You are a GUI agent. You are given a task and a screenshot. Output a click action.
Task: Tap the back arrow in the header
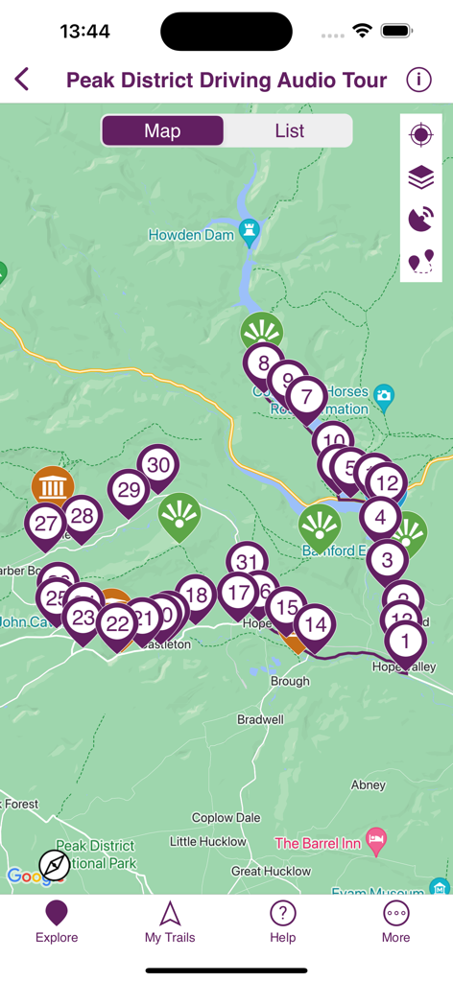(22, 80)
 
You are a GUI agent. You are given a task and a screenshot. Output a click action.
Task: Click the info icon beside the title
(418, 80)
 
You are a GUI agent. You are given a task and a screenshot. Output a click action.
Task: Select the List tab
(289, 131)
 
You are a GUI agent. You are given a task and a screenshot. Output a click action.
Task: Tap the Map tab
(162, 131)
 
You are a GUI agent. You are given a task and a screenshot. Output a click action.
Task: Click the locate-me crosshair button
(421, 135)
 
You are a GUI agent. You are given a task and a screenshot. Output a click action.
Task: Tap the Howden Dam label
(192, 235)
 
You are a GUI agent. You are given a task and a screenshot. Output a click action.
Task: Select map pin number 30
(158, 466)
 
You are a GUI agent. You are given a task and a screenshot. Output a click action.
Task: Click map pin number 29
(128, 490)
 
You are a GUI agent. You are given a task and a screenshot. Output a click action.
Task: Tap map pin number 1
(405, 641)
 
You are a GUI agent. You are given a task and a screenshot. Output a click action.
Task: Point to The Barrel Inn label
(319, 843)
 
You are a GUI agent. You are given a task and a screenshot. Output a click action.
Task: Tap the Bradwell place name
(260, 719)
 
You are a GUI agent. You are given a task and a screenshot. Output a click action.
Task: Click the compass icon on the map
(55, 865)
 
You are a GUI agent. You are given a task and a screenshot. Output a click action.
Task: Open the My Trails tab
(170, 923)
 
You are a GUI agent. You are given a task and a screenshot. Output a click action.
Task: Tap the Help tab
(282, 923)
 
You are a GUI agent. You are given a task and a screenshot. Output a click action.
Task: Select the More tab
(395, 923)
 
